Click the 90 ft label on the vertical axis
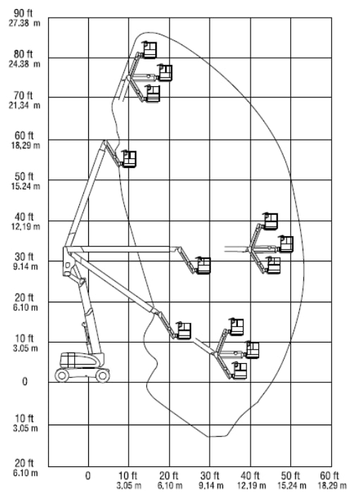(x=23, y=13)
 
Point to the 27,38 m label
(x=25, y=23)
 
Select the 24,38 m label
(x=25, y=64)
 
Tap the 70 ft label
(x=23, y=95)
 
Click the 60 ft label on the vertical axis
(x=24, y=136)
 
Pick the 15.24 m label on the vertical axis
(x=25, y=186)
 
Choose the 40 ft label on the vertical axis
(x=24, y=217)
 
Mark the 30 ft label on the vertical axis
(x=24, y=256)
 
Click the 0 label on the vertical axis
(x=25, y=381)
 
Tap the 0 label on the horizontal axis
(x=88, y=475)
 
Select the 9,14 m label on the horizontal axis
(x=210, y=485)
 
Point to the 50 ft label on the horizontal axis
(x=290, y=475)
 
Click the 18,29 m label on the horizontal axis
(x=332, y=485)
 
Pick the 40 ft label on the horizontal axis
(x=250, y=475)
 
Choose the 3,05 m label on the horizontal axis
(x=128, y=485)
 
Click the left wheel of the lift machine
(x=62, y=375)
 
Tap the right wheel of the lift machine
(x=102, y=375)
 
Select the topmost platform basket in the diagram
(x=150, y=49)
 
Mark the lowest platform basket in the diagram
(x=239, y=371)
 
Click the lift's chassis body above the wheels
(x=82, y=360)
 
